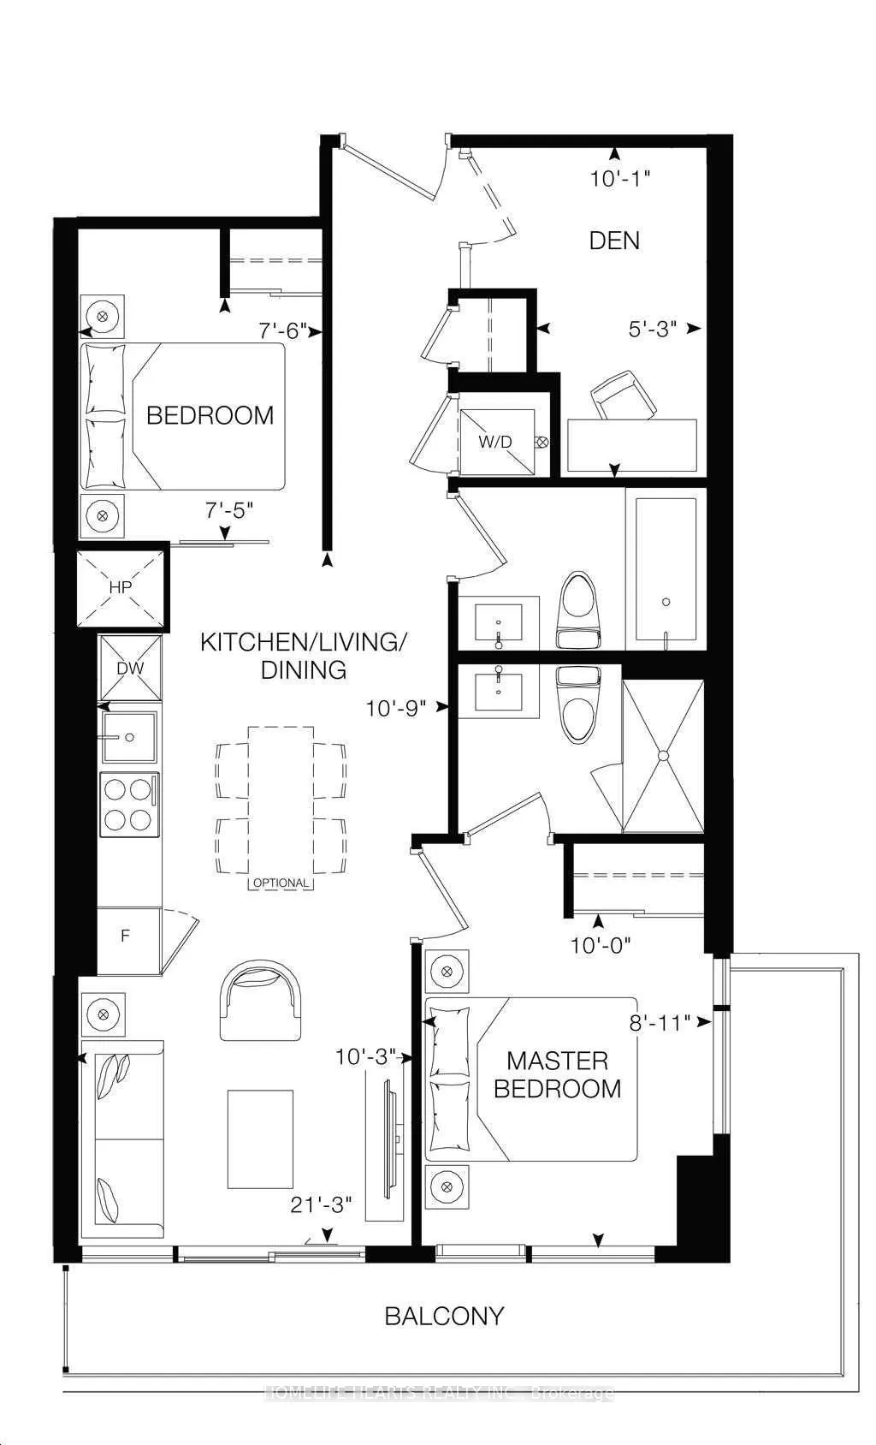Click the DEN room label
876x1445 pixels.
click(614, 241)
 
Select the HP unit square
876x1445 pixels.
click(120, 587)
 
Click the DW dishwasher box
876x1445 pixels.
click(130, 669)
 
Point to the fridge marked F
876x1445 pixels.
click(127, 936)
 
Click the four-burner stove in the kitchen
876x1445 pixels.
click(128, 804)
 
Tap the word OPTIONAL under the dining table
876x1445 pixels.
click(281, 883)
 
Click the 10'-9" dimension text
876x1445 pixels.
click(395, 708)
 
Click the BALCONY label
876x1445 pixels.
click(444, 1316)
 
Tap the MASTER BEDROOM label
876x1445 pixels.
click(557, 1074)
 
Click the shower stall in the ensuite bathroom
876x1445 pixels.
click(662, 755)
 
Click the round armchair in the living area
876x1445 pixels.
click(261, 997)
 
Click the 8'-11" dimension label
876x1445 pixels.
click(658, 1022)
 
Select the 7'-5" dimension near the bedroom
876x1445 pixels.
click(229, 511)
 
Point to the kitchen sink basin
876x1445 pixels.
click(129, 736)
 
